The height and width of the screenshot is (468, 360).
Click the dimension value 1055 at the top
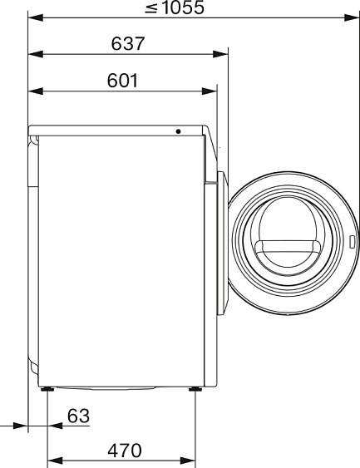(x=183, y=7)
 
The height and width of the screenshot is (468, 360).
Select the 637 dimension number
(x=128, y=43)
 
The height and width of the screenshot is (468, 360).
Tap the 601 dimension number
(x=122, y=81)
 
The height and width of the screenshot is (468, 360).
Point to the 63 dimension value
(x=78, y=416)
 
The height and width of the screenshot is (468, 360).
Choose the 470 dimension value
(x=125, y=451)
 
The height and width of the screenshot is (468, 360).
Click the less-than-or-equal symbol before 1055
(x=151, y=8)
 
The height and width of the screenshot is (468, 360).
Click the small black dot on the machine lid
(x=178, y=131)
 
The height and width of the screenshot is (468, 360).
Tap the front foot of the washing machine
(x=195, y=389)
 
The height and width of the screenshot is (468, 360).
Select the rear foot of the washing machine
(x=47, y=389)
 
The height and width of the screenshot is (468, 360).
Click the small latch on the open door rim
(x=352, y=242)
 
